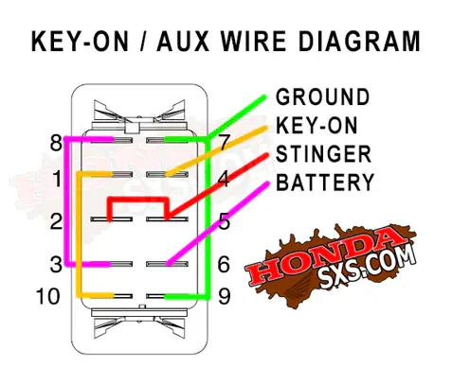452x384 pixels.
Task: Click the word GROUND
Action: click(x=322, y=96)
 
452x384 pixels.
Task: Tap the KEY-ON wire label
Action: click(x=316, y=126)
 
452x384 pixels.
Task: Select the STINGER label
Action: click(x=323, y=154)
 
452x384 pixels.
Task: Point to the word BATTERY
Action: click(x=325, y=183)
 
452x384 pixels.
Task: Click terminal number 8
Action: click(x=56, y=143)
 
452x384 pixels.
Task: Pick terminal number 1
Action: click(x=58, y=179)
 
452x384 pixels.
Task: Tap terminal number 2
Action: click(x=56, y=221)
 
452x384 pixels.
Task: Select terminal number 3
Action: click(x=56, y=264)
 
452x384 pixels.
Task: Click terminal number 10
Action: click(x=48, y=296)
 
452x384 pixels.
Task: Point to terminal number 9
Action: click(x=225, y=296)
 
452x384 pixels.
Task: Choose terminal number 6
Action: click(x=224, y=264)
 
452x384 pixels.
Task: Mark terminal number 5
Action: click(x=225, y=221)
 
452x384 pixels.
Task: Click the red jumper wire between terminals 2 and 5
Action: click(x=137, y=200)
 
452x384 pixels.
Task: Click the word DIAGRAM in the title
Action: click(x=359, y=41)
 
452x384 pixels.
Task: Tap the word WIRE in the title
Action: click(x=253, y=41)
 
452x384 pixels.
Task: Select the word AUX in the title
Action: click(x=183, y=41)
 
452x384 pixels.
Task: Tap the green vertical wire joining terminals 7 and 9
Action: click(x=208, y=218)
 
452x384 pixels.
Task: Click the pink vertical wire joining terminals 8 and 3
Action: click(x=66, y=201)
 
